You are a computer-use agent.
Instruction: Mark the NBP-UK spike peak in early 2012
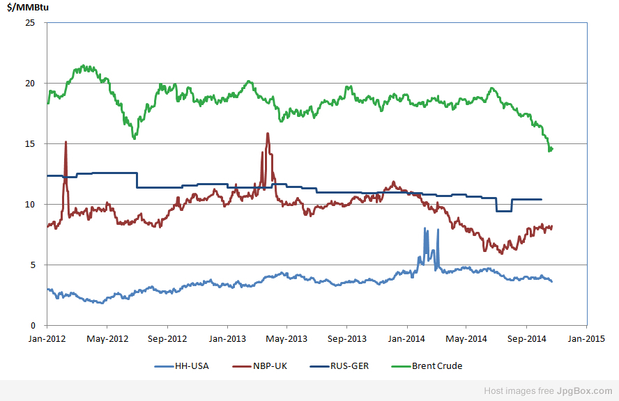pos(66,142)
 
